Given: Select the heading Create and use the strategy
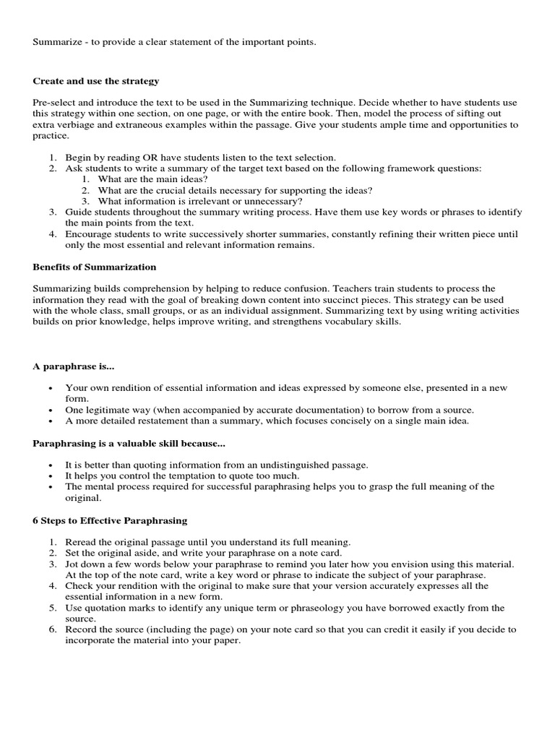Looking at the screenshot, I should (x=95, y=81).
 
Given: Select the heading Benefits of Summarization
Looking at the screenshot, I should (x=94, y=267).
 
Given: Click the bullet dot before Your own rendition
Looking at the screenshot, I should (x=50, y=388).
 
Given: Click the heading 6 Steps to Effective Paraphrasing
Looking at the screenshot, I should (x=110, y=520).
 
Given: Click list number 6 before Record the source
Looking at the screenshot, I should (x=53, y=629).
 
